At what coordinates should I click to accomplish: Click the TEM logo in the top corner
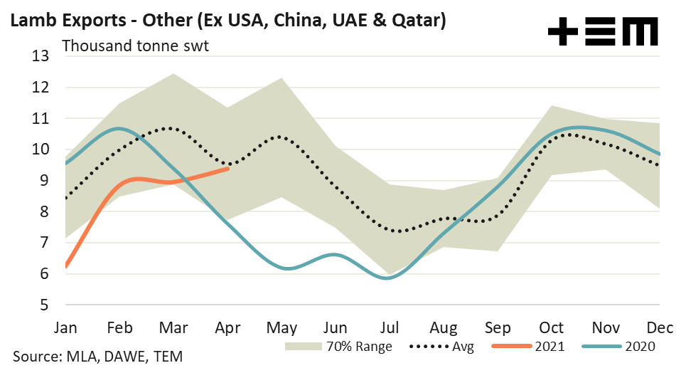click(x=603, y=31)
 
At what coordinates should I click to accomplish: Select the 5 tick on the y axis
click(x=45, y=305)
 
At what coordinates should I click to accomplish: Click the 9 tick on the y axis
click(x=45, y=181)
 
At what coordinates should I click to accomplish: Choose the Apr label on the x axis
click(x=227, y=327)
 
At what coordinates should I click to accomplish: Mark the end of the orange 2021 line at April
click(x=227, y=169)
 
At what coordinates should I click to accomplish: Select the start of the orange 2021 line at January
click(x=66, y=267)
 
